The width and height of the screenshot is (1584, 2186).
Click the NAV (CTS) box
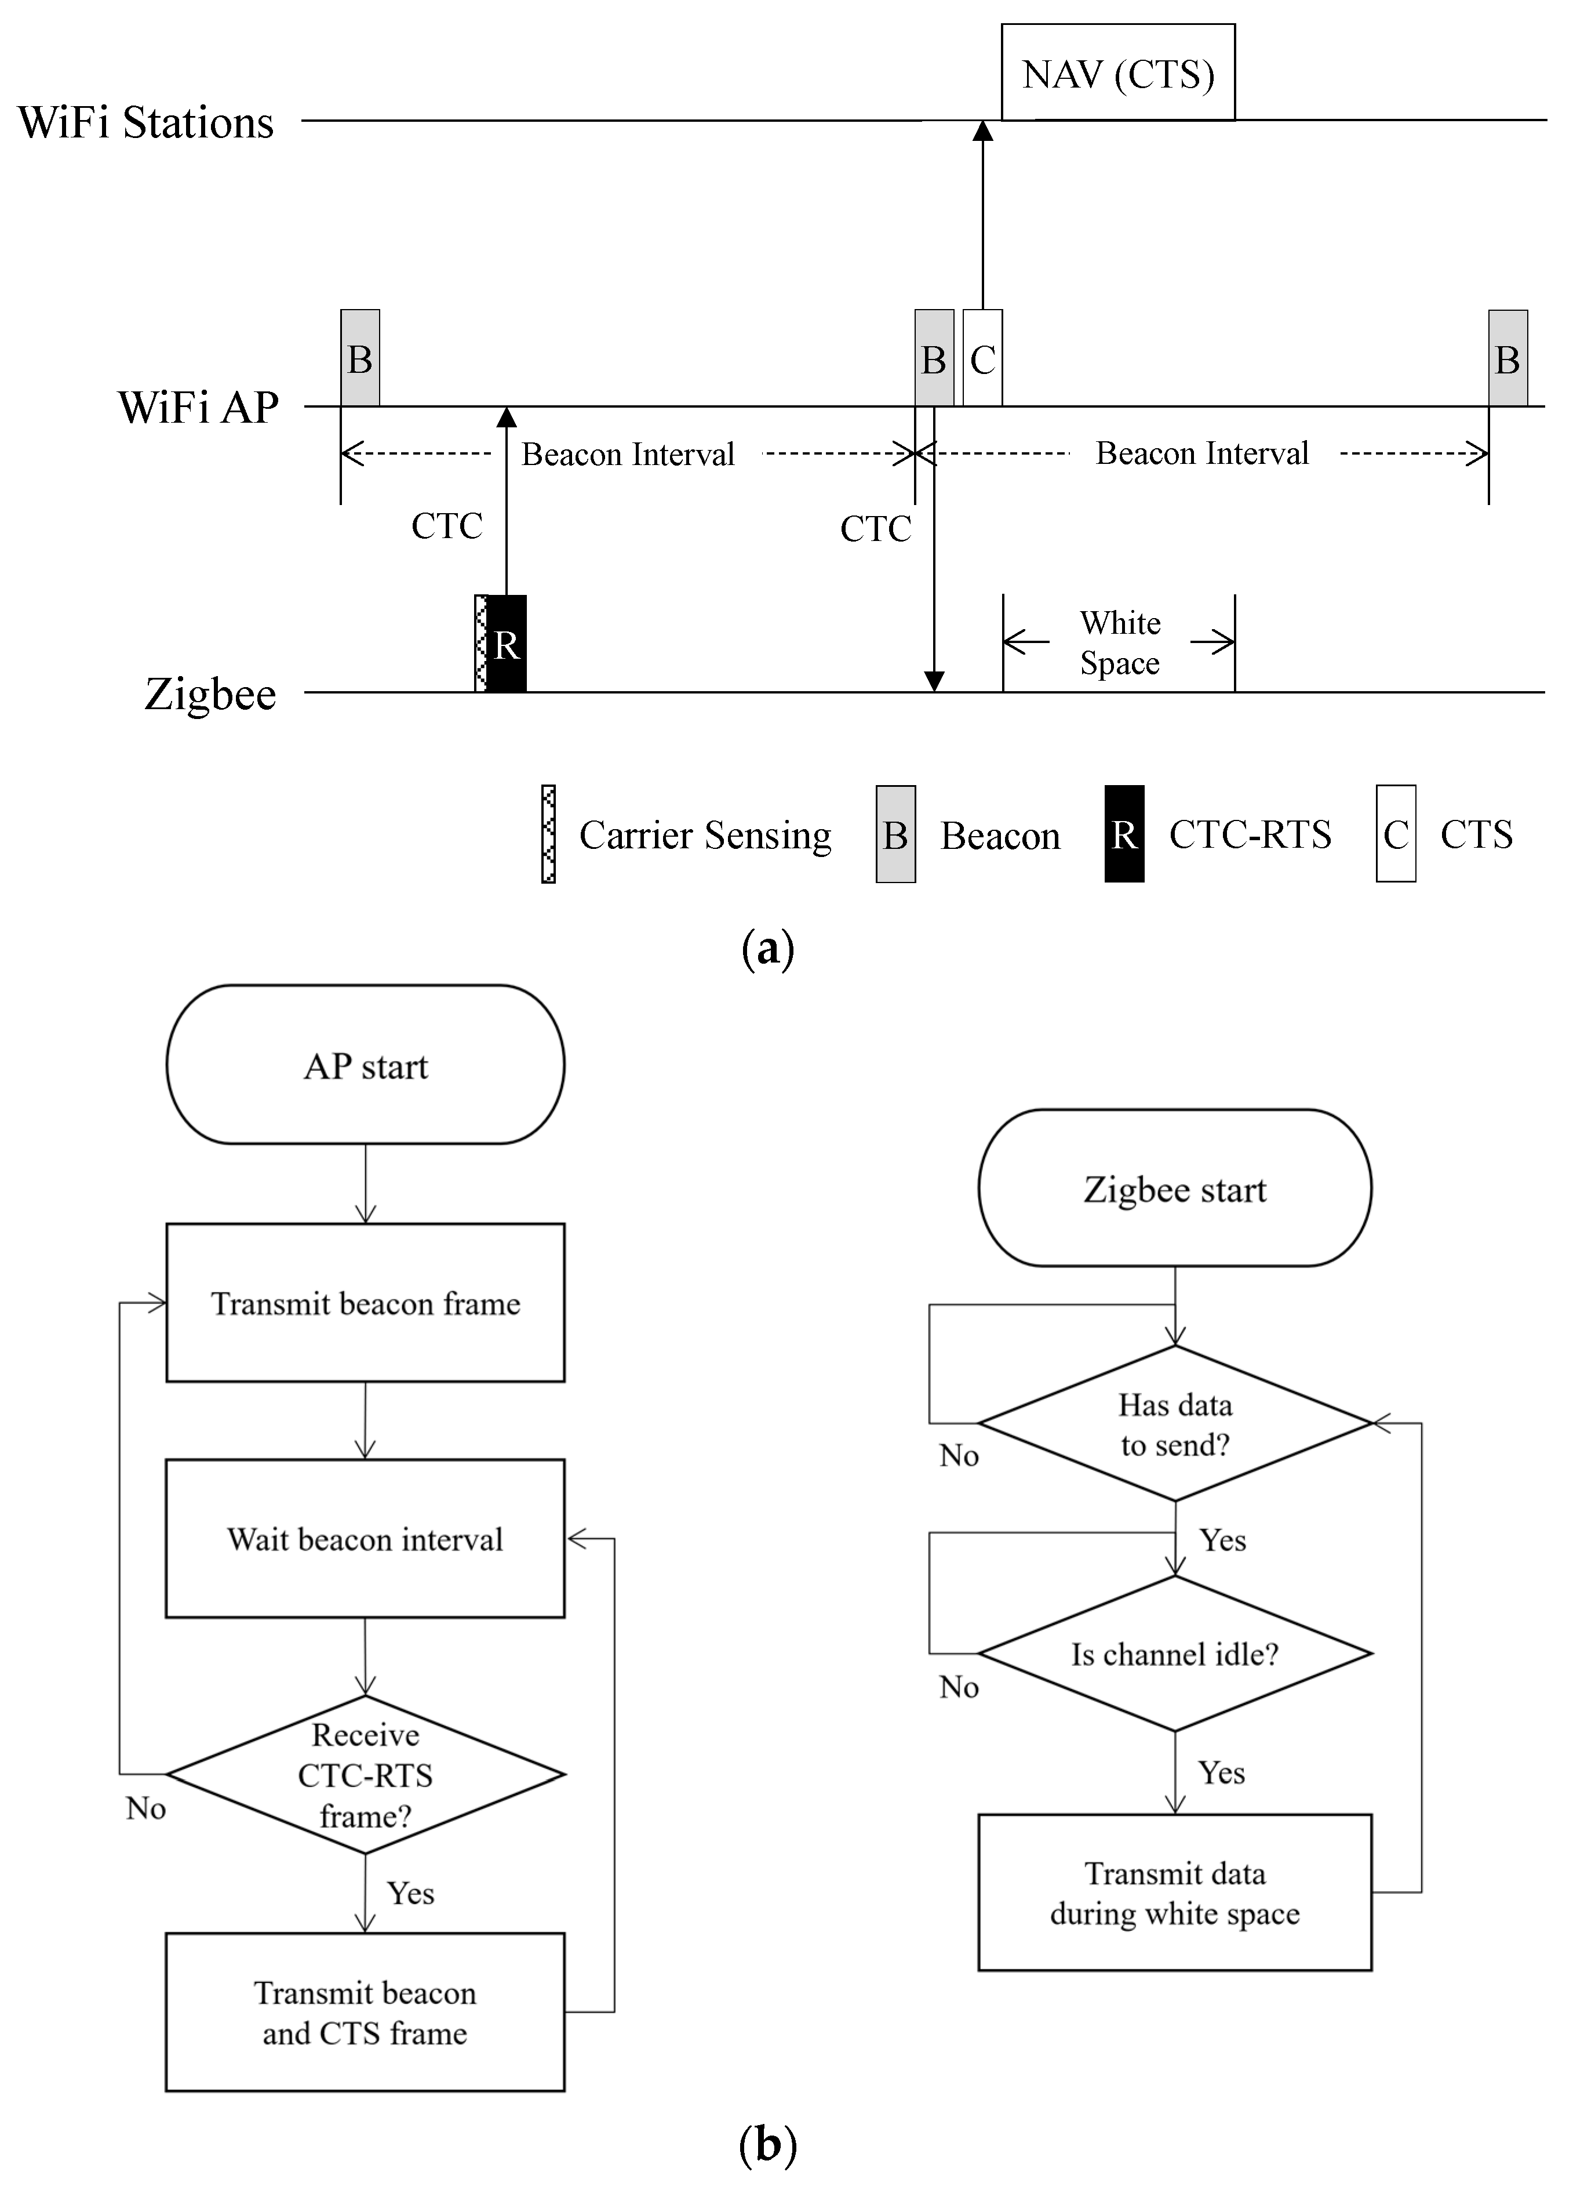tap(1117, 73)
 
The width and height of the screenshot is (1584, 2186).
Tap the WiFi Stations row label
tap(145, 122)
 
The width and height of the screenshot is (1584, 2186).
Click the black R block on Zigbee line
tap(507, 644)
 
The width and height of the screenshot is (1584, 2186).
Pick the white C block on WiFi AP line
tap(982, 358)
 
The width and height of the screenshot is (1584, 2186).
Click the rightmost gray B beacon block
tap(1507, 358)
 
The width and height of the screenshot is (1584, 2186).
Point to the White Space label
tap(1120, 643)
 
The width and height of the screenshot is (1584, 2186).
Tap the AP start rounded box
tap(365, 1065)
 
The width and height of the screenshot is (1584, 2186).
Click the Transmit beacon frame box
tap(365, 1303)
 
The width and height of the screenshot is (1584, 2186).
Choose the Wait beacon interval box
tap(365, 1539)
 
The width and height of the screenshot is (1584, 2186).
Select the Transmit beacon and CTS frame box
tap(365, 2013)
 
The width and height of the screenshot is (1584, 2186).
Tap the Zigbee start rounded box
tap(1174, 1189)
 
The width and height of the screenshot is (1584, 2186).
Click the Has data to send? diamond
tap(1174, 1424)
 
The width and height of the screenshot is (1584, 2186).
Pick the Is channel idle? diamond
tap(1174, 1654)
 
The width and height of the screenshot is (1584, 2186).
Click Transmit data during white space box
tap(1174, 1893)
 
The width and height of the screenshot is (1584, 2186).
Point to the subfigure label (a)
tap(768, 949)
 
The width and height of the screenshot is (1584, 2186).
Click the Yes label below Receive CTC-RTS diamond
tap(410, 1894)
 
